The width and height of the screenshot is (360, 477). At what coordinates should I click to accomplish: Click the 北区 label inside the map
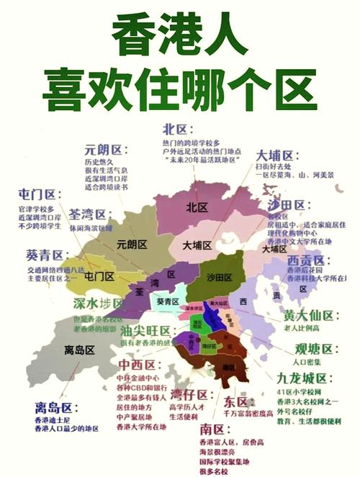[197, 207]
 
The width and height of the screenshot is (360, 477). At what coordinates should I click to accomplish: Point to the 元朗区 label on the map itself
[131, 243]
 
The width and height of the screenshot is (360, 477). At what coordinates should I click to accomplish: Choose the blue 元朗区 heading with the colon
[105, 150]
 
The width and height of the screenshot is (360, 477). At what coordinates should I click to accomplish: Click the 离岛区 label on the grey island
[79, 350]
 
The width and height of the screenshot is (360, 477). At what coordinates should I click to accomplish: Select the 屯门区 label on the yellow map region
[99, 276]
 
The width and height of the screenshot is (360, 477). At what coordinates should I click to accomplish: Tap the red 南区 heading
[214, 430]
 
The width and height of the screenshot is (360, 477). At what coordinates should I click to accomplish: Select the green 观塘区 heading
[314, 350]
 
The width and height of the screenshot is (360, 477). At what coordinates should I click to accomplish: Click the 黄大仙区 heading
[310, 315]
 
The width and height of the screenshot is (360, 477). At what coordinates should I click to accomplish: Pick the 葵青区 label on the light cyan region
[168, 301]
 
